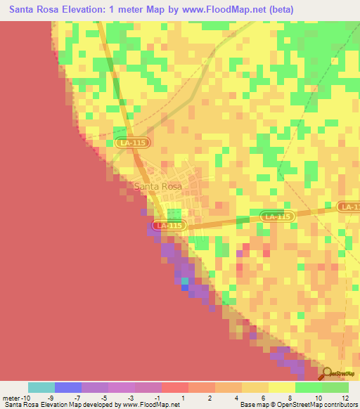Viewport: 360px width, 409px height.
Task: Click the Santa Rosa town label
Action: (157, 186)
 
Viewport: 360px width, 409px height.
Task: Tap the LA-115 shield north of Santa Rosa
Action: (131, 143)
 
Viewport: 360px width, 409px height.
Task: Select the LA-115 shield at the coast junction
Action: (169, 226)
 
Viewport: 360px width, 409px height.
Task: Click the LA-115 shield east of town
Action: (276, 217)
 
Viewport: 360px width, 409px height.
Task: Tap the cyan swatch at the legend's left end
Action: (41, 387)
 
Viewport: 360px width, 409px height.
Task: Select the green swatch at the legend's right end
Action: (335, 387)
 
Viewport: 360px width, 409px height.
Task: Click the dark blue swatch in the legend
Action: (68, 387)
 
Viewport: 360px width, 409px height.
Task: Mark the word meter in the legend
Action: (9, 397)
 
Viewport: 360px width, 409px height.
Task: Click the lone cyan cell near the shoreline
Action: (185, 280)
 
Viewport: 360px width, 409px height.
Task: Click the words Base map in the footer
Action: (253, 405)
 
